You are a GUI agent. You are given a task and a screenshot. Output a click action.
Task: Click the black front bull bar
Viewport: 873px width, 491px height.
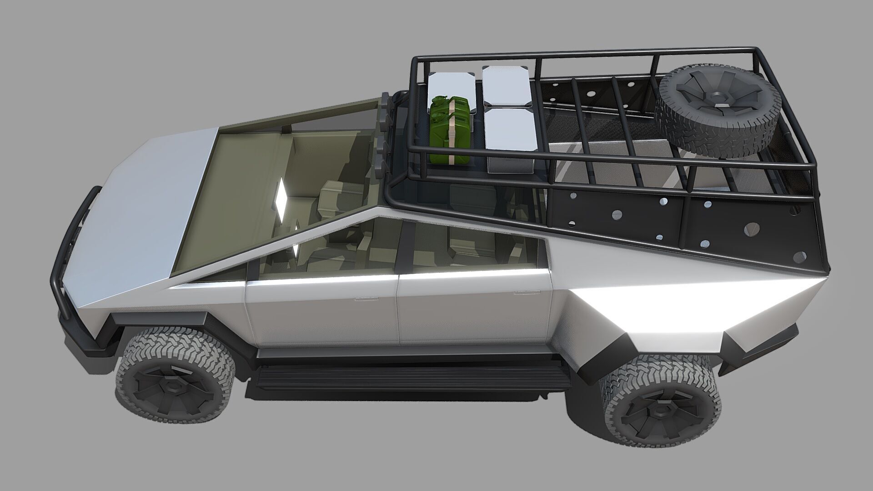(x=73, y=255)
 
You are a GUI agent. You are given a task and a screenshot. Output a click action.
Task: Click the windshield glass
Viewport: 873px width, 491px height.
(x=255, y=182)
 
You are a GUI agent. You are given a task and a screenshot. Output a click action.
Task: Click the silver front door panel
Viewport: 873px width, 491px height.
(x=323, y=314)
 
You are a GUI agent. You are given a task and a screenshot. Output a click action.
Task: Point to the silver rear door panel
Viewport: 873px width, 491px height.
(x=473, y=314)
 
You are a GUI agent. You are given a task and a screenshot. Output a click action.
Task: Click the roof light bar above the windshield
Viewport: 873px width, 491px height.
(x=385, y=130)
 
